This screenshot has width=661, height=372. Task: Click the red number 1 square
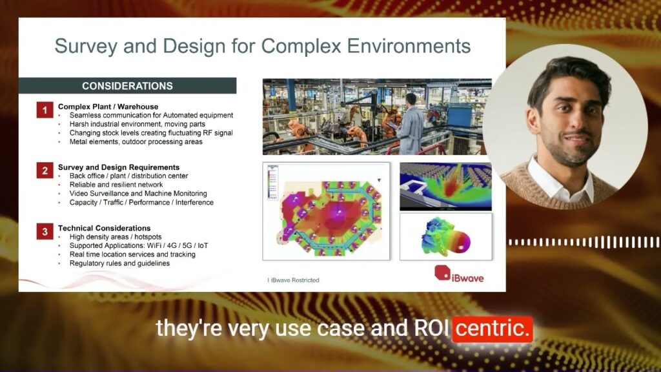pyautogui.click(x=45, y=110)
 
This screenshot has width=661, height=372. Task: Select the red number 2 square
pyautogui.click(x=45, y=170)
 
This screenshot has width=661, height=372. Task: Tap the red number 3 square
pyautogui.click(x=45, y=232)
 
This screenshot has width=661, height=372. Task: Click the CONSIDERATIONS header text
pyautogui.click(x=127, y=86)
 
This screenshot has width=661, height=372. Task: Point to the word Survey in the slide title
pyautogui.click(x=86, y=46)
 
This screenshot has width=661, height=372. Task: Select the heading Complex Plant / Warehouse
pyautogui.click(x=108, y=107)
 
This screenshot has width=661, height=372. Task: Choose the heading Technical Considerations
pyautogui.click(x=104, y=228)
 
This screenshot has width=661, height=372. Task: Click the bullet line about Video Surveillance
pyautogui.click(x=138, y=194)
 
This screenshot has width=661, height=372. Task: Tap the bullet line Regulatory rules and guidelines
pyautogui.click(x=119, y=263)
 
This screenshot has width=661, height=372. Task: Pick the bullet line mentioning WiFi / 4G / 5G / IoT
pyautogui.click(x=139, y=245)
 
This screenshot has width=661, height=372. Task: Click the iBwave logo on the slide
pyautogui.click(x=459, y=273)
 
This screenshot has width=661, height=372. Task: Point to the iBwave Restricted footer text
pyautogui.click(x=294, y=280)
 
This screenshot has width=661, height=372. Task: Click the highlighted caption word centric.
pyautogui.click(x=493, y=329)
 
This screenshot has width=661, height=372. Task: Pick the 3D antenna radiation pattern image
pyautogui.click(x=445, y=236)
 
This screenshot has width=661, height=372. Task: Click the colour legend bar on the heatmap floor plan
pyautogui.click(x=273, y=182)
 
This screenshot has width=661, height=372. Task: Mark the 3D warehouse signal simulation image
pyautogui.click(x=445, y=187)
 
